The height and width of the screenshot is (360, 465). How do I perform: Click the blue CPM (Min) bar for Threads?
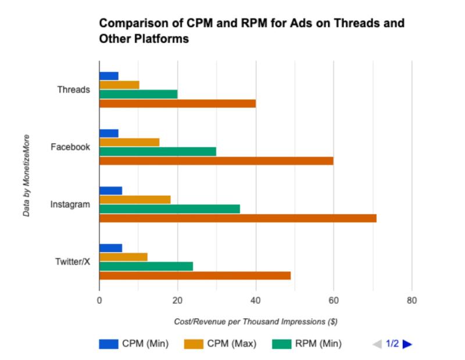[x=109, y=76]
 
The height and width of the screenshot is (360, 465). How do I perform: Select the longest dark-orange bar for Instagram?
[x=238, y=218]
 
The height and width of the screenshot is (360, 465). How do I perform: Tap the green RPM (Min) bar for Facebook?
[x=158, y=152]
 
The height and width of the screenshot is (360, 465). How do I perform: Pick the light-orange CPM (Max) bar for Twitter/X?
[x=123, y=257]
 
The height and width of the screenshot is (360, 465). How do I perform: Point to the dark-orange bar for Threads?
[x=177, y=103]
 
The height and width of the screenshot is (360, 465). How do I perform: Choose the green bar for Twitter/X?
[x=146, y=267]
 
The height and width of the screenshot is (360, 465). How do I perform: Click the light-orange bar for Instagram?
[x=135, y=200]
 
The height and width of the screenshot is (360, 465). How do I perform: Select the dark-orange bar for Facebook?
[x=216, y=161]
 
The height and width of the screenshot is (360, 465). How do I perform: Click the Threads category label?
[x=73, y=89]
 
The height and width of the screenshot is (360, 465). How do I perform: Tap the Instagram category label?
[x=70, y=204]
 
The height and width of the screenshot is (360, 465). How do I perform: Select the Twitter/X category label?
[x=72, y=262]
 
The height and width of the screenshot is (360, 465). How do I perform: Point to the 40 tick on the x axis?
[x=255, y=301]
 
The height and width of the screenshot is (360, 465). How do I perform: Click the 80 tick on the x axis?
[x=412, y=301]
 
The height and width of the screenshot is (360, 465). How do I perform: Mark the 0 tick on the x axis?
[x=99, y=301]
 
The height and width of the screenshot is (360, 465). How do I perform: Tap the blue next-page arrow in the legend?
[x=407, y=344]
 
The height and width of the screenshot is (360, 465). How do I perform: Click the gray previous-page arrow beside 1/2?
[x=377, y=344]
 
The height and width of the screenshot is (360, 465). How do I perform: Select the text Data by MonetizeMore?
[x=27, y=176]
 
